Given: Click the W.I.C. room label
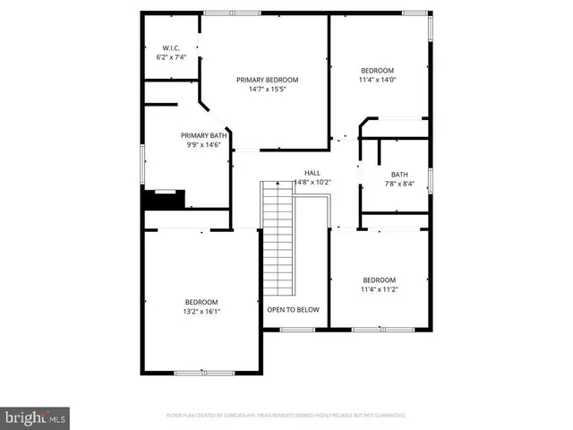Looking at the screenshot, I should tap(171, 47).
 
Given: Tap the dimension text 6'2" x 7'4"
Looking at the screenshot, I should tap(171, 57).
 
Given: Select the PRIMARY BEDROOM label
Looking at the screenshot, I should tap(267, 80).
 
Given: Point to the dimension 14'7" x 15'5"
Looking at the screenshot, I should tap(267, 90).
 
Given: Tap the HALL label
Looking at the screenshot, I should tap(312, 173).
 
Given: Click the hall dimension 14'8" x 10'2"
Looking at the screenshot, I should tap(312, 183).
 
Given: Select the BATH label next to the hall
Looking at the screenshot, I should tap(399, 175).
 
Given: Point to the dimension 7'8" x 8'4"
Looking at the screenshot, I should tap(399, 185).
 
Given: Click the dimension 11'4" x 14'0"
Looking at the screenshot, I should tap(377, 81).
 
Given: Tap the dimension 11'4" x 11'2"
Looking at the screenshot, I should tap(379, 289).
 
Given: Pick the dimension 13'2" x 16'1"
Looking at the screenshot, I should tap(201, 312).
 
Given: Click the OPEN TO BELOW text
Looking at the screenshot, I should tap(293, 310).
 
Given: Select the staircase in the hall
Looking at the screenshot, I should tap(278, 237).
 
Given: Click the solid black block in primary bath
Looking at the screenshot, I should tap(164, 199).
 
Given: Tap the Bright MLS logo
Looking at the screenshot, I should tap(36, 417).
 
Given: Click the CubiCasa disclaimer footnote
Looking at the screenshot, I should tap(286, 416).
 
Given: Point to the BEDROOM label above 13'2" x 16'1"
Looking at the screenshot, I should tap(201, 302).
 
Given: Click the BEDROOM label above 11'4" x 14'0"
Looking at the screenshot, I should tap(377, 71).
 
